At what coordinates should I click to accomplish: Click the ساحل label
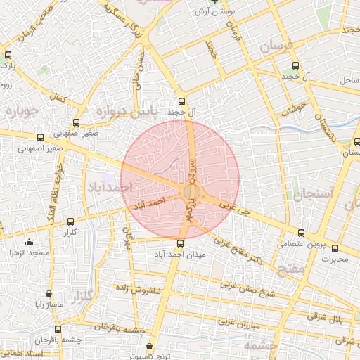(x=349, y=82)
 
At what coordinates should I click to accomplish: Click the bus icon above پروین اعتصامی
(x=301, y=233)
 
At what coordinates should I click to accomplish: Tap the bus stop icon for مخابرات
(x=335, y=248)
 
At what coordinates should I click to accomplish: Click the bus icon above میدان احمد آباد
(x=181, y=243)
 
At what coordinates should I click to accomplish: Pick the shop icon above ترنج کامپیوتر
(x=149, y=347)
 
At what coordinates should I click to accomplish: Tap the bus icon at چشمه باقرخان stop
(x=57, y=329)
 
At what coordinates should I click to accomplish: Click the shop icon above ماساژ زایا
(x=49, y=293)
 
